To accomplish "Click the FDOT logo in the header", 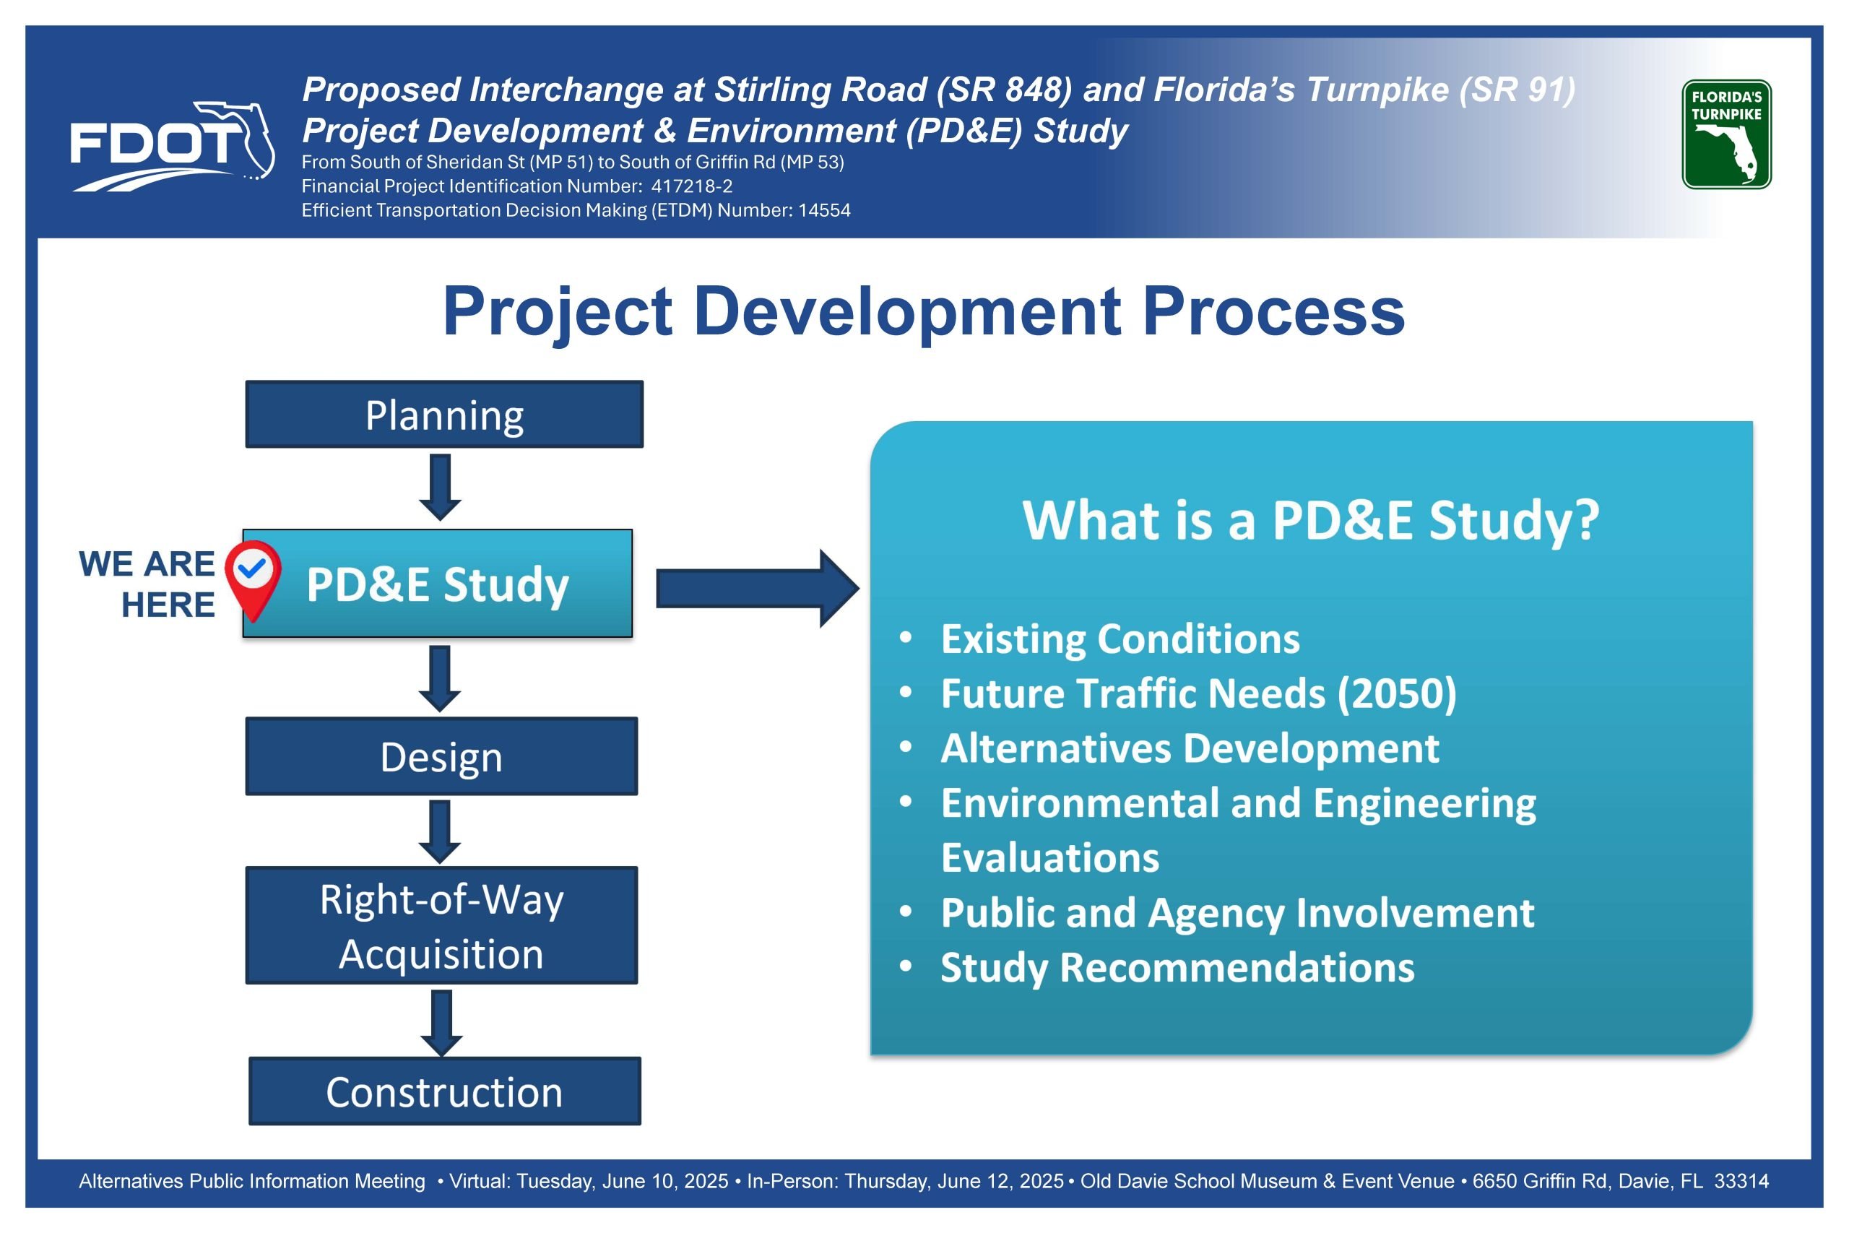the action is coord(172,146).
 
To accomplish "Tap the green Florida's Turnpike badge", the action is coord(1726,134).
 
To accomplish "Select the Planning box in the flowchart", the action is coord(444,415).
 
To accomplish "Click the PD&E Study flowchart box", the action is coord(438,584).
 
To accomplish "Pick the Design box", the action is coord(441,756).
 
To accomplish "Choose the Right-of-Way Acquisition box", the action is coord(441,925).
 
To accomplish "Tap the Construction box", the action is coord(444,1091).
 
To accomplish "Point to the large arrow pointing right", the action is coord(757,588).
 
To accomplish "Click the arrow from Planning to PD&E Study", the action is coord(441,487).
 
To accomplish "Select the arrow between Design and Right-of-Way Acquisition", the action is coord(441,832).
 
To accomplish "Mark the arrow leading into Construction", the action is coord(442,1023).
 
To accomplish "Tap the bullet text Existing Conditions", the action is coord(1120,639).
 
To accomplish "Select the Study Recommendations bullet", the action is coord(1177,967).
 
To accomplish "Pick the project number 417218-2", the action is coord(692,186).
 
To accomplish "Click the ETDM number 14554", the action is coord(825,210).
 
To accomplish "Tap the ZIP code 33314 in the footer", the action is coord(1741,1181).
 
